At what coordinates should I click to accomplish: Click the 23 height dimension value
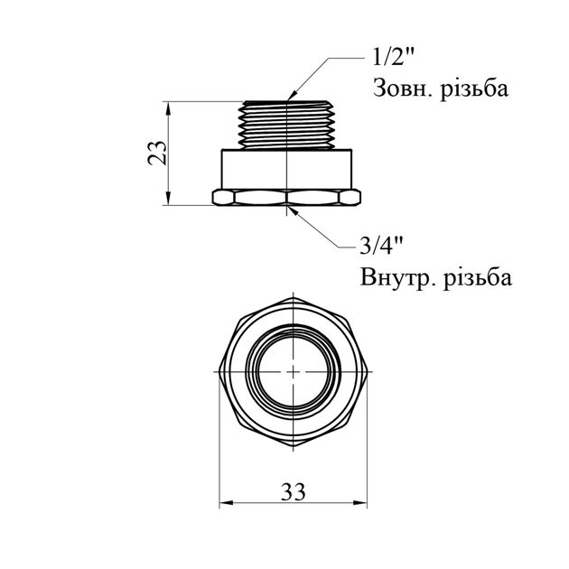(x=157, y=153)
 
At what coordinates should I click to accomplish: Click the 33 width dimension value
(x=294, y=492)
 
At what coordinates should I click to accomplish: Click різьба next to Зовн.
(x=474, y=89)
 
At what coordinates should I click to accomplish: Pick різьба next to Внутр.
(x=478, y=278)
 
